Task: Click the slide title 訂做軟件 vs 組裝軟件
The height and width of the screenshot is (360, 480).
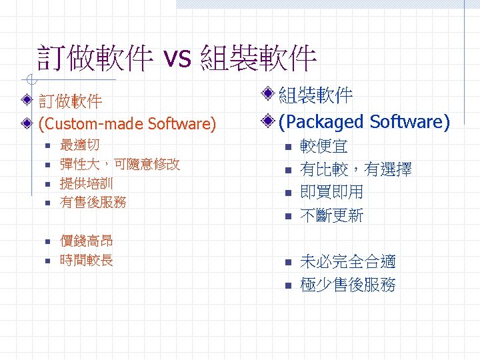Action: click(177, 59)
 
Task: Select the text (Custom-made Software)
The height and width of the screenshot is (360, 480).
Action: click(127, 124)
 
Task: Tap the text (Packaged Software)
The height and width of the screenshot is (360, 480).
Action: click(364, 122)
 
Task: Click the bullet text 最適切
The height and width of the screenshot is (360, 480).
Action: click(80, 145)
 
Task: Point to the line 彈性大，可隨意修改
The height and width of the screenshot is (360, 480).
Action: click(120, 164)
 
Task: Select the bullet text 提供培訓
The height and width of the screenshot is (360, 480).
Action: click(87, 183)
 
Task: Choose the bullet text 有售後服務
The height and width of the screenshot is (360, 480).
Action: click(93, 201)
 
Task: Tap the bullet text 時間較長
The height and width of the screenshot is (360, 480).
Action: click(87, 260)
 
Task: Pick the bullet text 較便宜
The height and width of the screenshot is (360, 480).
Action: click(324, 147)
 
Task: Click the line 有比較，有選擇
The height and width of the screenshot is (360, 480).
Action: click(356, 169)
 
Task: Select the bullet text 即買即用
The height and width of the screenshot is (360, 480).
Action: click(332, 192)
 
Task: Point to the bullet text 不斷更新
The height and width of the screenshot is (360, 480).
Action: click(332, 215)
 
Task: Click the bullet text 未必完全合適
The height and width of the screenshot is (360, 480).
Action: click(348, 261)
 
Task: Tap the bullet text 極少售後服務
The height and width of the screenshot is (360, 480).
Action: click(348, 285)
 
